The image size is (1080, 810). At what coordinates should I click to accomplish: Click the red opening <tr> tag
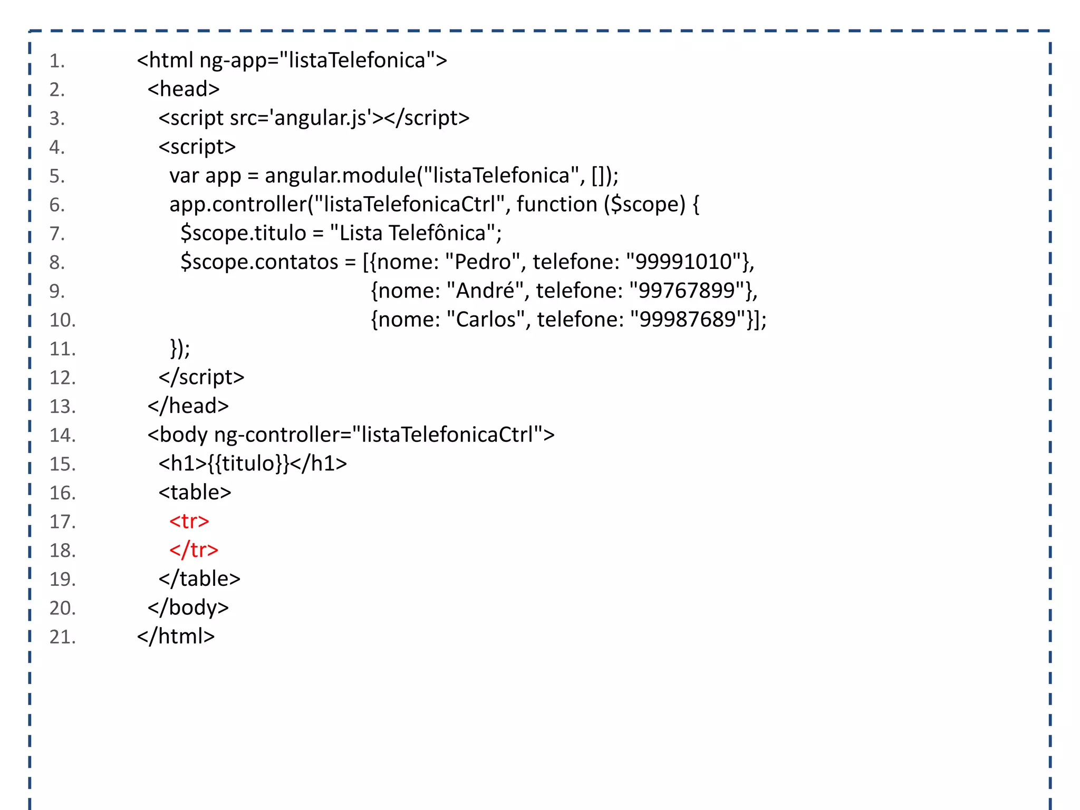click(x=189, y=521)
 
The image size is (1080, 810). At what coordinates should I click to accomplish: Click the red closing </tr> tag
click(x=194, y=550)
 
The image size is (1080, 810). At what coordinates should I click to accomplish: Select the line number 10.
click(x=62, y=320)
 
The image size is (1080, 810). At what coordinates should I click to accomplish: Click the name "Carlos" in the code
click(x=485, y=320)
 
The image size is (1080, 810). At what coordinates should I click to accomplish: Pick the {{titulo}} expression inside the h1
click(x=248, y=464)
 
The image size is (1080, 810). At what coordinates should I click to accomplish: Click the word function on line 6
click(x=556, y=205)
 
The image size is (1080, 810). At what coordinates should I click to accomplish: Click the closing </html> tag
click(x=176, y=637)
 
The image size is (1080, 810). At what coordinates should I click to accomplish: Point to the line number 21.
click(x=62, y=637)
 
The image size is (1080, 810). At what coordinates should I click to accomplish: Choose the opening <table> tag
click(x=195, y=493)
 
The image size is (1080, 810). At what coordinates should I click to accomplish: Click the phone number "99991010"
click(x=683, y=262)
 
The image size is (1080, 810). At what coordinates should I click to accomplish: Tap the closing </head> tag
click(x=188, y=406)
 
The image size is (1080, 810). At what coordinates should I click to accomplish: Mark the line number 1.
click(x=57, y=61)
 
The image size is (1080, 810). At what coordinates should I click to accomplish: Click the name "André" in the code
click(x=485, y=291)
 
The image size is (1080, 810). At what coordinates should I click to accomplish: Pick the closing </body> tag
click(x=188, y=608)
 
